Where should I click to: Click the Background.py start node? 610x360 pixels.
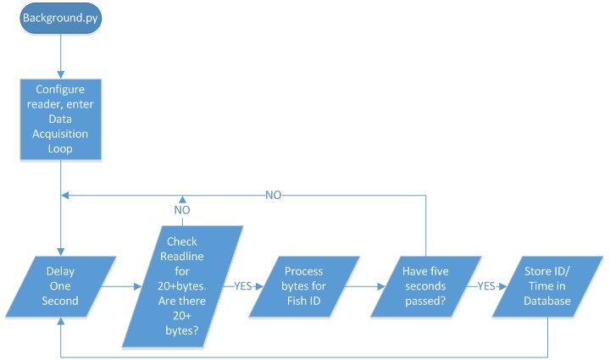(60, 18)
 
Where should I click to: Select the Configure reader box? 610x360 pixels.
(60, 119)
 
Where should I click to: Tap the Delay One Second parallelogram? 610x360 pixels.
(61, 287)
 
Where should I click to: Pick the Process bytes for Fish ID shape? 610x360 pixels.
(303, 287)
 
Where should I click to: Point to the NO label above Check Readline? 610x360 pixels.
(182, 210)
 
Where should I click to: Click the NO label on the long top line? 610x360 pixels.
(273, 194)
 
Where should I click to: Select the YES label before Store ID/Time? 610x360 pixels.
(486, 286)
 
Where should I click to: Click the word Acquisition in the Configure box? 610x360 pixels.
(60, 132)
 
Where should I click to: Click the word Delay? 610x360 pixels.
(61, 273)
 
